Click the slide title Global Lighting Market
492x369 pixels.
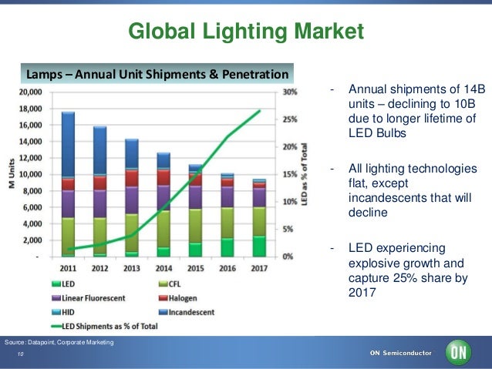tap(245, 32)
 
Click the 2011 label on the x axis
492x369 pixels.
tap(68, 270)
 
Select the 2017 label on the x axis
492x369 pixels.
tap(258, 270)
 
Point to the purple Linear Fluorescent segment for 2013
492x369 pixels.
tap(132, 200)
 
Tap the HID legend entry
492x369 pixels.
tap(67, 312)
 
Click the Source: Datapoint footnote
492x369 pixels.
tap(59, 341)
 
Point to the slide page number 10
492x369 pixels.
tap(22, 355)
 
